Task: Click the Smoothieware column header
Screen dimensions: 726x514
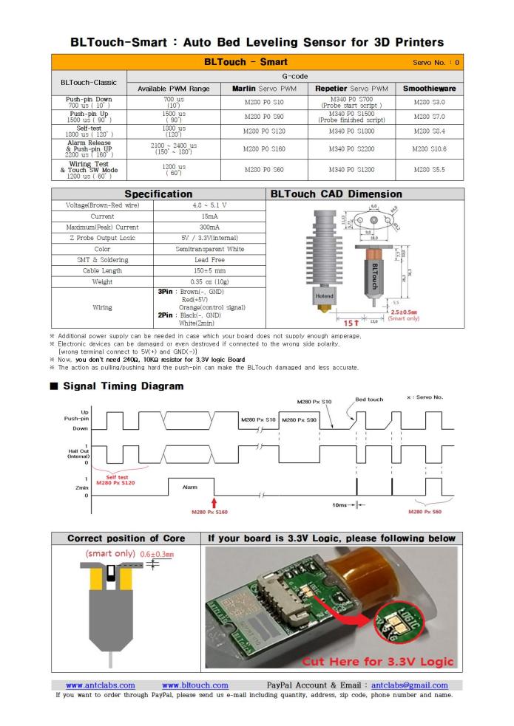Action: click(x=430, y=89)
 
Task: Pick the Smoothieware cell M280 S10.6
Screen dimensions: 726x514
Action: click(x=430, y=148)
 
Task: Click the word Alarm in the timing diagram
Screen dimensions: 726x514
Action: click(x=190, y=487)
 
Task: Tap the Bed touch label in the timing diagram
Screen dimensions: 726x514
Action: click(x=369, y=400)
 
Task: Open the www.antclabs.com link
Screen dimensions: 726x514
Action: click(x=101, y=685)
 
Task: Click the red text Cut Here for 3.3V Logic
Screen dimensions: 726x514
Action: click(x=377, y=660)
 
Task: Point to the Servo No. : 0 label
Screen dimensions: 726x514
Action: click(x=436, y=62)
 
